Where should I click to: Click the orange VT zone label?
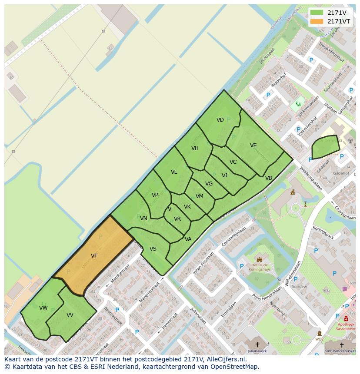pyautogui.click(x=94, y=256)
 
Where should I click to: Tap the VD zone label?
pyautogui.click(x=220, y=120)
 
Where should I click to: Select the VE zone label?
pyautogui.click(x=253, y=146)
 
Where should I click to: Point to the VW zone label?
pyautogui.click(x=43, y=308)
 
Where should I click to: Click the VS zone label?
pyautogui.click(x=153, y=249)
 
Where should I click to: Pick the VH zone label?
pyautogui.click(x=195, y=148)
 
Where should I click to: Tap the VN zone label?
pyautogui.click(x=143, y=218)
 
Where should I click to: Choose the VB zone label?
pyautogui.click(x=269, y=178)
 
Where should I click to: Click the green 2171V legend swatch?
pyautogui.click(x=317, y=13)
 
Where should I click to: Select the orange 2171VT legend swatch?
pyautogui.click(x=317, y=21)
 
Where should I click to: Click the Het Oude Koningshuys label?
pyautogui.click(x=260, y=267)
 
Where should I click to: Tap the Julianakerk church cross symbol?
pyautogui.click(x=257, y=344)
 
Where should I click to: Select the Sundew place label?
pyautogui.click(x=299, y=287)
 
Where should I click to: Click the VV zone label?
pyautogui.click(x=70, y=315)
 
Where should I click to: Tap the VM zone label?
pyautogui.click(x=200, y=196)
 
